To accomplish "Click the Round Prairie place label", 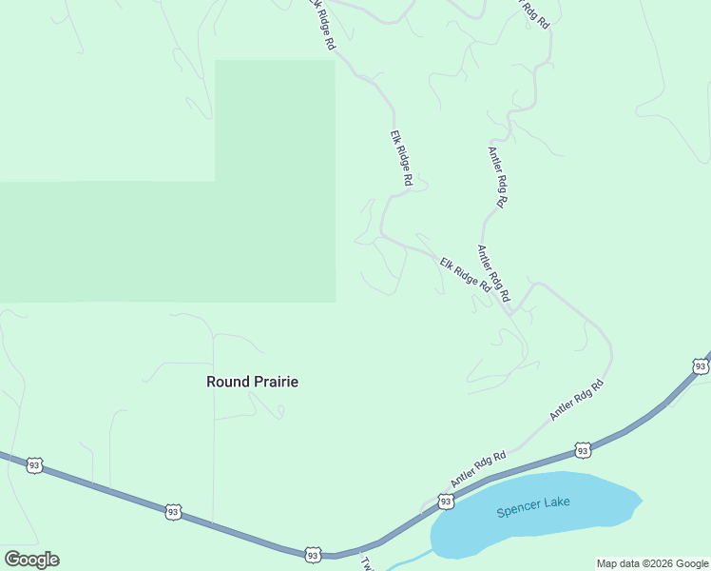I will pos(252,382).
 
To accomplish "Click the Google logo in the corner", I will pos(31,560).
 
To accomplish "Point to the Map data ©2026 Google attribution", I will pos(653,563).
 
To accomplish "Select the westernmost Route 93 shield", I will pos(34,465).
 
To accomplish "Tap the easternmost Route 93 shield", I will pos(701,366).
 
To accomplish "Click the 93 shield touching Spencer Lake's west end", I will pos(446,501).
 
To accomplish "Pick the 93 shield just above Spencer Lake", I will pos(583,449).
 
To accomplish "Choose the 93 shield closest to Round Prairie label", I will pos(173,512).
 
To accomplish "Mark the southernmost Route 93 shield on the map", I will pos(312,554).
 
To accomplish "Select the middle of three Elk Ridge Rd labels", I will pos(401,158).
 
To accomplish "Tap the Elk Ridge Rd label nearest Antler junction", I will pos(465,273).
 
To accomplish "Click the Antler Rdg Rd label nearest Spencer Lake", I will pos(478,471).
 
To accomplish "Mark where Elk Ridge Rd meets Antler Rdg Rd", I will pos(509,310).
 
